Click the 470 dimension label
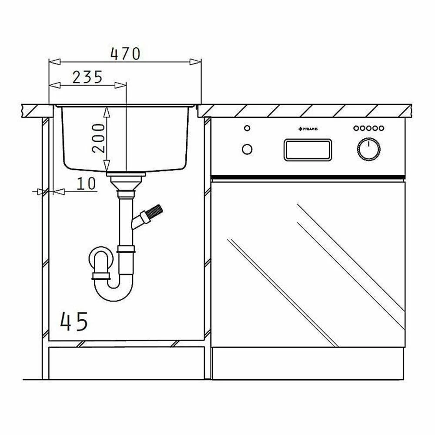[x=125, y=54]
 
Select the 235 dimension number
[x=87, y=77]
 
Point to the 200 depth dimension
[x=98, y=138]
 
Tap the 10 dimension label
[x=86, y=184]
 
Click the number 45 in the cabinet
[x=74, y=321]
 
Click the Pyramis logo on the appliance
[x=308, y=129]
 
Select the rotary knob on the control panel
[x=369, y=149]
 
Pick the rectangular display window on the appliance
[x=308, y=150]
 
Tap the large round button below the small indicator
[x=247, y=149]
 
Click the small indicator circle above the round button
[x=247, y=128]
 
